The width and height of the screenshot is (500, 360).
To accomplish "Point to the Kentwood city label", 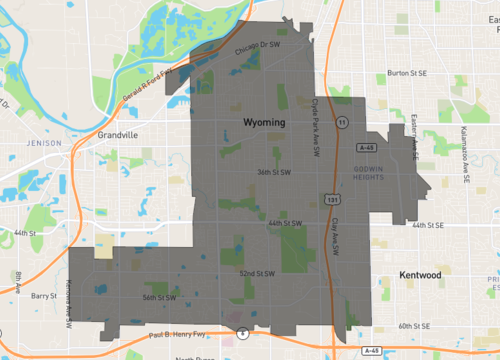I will [419, 274].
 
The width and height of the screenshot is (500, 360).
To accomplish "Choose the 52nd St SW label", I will [257, 272].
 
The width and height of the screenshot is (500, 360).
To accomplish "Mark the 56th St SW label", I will [159, 297].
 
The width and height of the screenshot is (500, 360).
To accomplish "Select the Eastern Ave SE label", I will [414, 135].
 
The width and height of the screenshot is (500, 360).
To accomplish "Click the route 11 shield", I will [342, 121].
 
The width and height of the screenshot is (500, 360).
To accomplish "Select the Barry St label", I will [44, 297].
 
